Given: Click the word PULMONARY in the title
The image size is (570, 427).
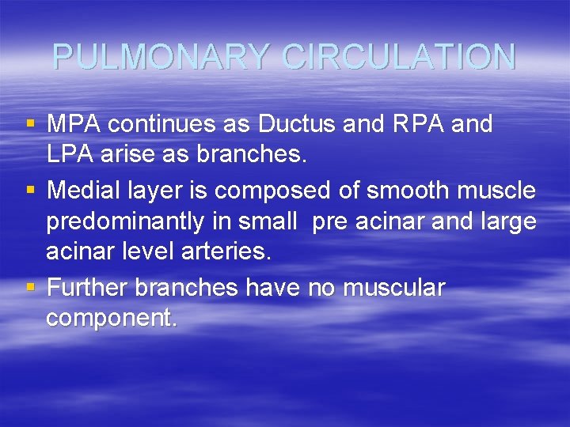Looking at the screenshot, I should click(164, 57).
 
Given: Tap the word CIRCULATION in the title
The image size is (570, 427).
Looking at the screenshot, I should click(399, 57).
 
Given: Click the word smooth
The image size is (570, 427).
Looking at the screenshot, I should click(396, 191).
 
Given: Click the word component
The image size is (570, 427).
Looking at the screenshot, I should click(111, 319).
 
